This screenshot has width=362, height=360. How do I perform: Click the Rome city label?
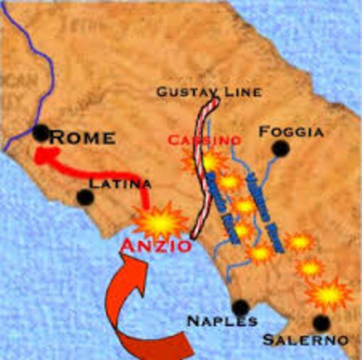pyautogui.click(x=83, y=137)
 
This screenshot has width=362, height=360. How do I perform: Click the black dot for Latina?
pyautogui.click(x=86, y=197)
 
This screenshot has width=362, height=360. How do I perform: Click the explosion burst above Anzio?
pyautogui.click(x=160, y=220)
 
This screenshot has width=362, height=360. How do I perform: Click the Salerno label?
pyautogui.click(x=305, y=340)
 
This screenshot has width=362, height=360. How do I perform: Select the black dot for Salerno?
pyautogui.click(x=321, y=322)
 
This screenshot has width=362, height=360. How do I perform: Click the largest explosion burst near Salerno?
pyautogui.click(x=328, y=295)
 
